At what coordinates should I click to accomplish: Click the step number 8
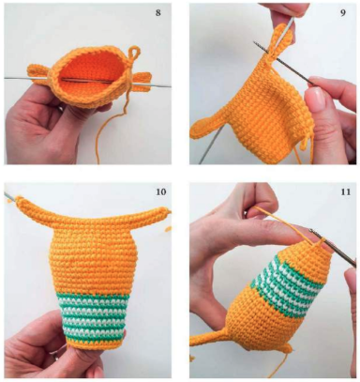[158, 13]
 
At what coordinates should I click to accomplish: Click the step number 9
[343, 13]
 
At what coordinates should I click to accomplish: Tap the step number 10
[161, 191]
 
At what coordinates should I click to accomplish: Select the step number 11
[345, 191]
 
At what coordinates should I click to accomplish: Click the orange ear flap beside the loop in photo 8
[140, 82]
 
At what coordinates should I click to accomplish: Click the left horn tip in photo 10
[20, 199]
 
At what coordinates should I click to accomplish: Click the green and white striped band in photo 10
[93, 317]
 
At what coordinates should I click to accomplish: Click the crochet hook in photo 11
[334, 248]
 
